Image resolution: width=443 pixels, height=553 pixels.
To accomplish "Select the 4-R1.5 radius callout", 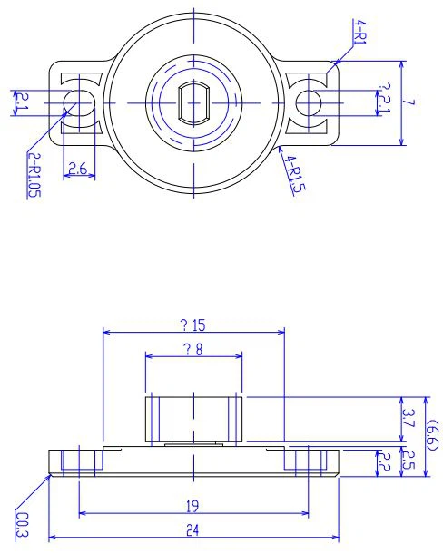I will pos(292,174).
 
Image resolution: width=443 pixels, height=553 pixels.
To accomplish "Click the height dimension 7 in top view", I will pos(410,102).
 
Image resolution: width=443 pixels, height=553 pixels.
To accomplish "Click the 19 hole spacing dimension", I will pos(192,507).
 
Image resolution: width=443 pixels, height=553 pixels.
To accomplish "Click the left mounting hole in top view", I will pos(80,102).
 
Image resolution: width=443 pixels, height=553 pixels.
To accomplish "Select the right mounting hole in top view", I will pos(310,102).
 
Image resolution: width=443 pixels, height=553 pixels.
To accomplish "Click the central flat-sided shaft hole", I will pos(193,102).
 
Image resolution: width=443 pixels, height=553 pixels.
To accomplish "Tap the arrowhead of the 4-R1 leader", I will pos(335,63).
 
